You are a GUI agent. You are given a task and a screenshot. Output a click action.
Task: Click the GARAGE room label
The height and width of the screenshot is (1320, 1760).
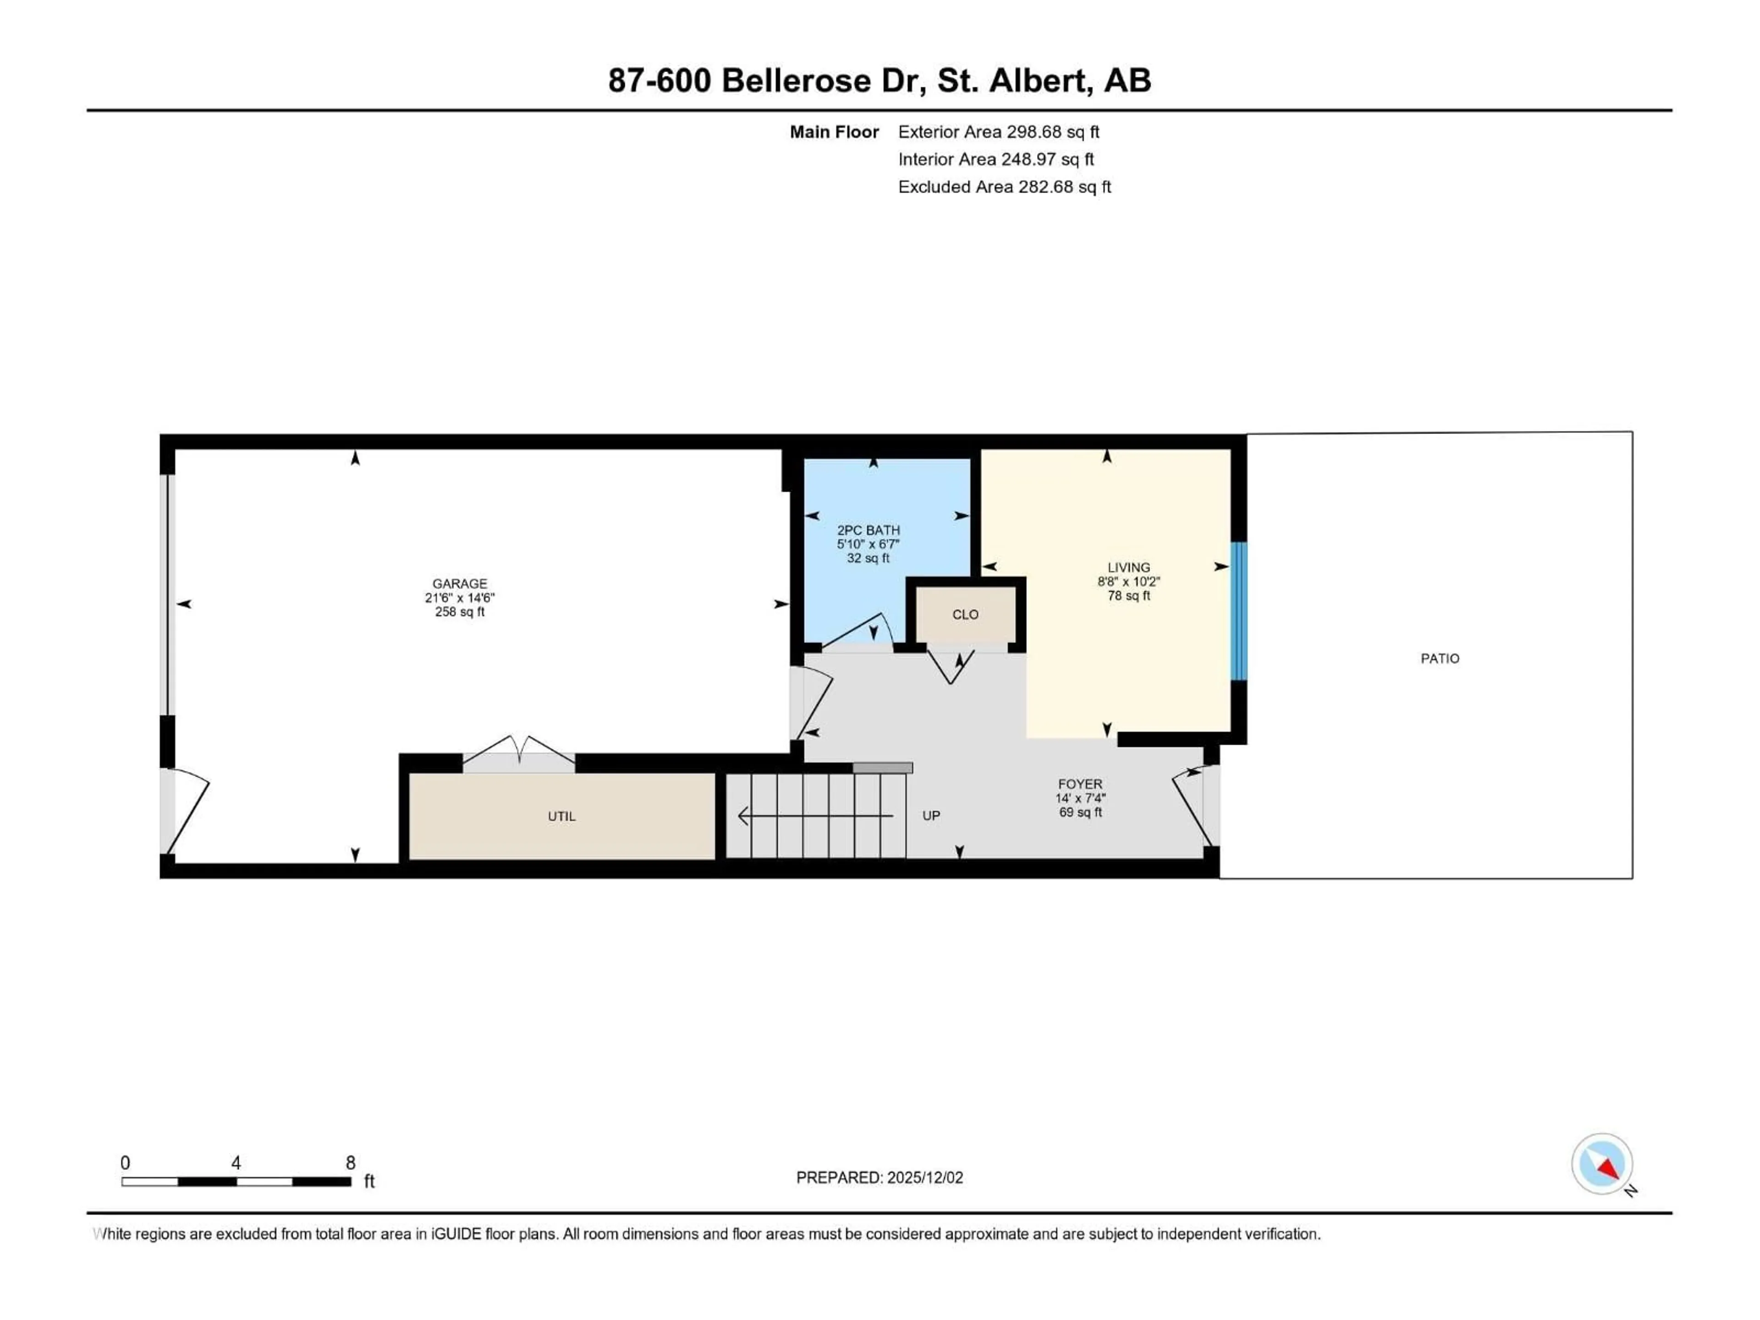[x=459, y=583]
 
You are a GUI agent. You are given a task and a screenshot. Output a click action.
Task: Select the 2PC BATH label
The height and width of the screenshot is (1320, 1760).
[x=868, y=530]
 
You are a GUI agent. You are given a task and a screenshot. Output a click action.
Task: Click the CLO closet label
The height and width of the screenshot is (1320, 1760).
[x=965, y=614]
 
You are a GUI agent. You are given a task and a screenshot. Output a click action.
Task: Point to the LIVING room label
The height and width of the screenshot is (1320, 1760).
[x=1128, y=567]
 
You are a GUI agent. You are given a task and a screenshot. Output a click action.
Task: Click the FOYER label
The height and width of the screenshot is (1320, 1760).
[x=1080, y=784]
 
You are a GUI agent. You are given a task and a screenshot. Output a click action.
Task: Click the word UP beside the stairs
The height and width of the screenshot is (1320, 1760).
[x=931, y=815]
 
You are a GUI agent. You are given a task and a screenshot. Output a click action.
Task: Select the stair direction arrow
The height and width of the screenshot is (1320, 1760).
[x=815, y=815]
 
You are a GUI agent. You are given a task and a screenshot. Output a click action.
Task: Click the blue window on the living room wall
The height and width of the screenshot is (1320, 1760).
[x=1238, y=611]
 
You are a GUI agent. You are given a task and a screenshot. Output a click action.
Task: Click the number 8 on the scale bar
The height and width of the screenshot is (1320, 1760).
[x=350, y=1162]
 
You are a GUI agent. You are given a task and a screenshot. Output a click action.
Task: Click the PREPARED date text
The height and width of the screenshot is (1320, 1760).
[x=879, y=1177]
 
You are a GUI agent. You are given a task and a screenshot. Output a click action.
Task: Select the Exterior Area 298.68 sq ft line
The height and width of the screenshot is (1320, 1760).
[x=999, y=132]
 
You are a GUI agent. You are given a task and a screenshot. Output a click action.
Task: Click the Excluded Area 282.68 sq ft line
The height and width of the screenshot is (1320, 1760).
[x=1004, y=187]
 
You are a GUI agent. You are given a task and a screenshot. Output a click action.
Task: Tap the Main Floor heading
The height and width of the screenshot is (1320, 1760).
[x=834, y=132]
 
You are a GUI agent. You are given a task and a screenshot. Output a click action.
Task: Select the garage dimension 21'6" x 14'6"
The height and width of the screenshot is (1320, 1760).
[x=459, y=598]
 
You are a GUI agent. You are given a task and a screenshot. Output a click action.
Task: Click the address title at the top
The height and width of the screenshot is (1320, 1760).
[x=879, y=80]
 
